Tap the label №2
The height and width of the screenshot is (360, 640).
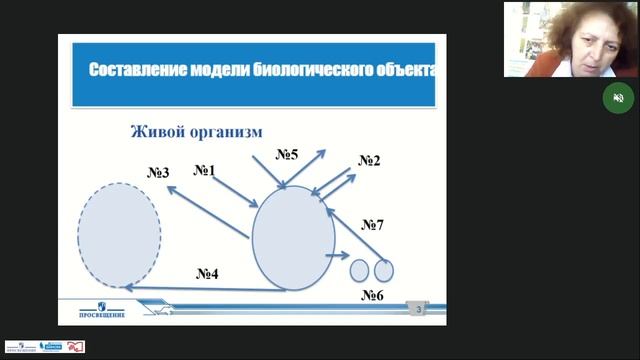pos(369,161)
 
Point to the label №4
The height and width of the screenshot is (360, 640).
pos(207,273)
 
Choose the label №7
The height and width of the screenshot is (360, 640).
pos(373,225)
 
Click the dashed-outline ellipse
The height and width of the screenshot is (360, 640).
pos(118,234)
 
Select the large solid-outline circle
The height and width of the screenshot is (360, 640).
pos(293,236)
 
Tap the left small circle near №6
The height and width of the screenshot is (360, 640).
pos(359,270)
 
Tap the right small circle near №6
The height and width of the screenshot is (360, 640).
pos(383,270)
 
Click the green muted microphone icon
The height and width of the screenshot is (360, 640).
pos(618,97)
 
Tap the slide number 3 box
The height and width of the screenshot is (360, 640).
pos(420,312)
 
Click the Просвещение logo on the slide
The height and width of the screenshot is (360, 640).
pos(98,311)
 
